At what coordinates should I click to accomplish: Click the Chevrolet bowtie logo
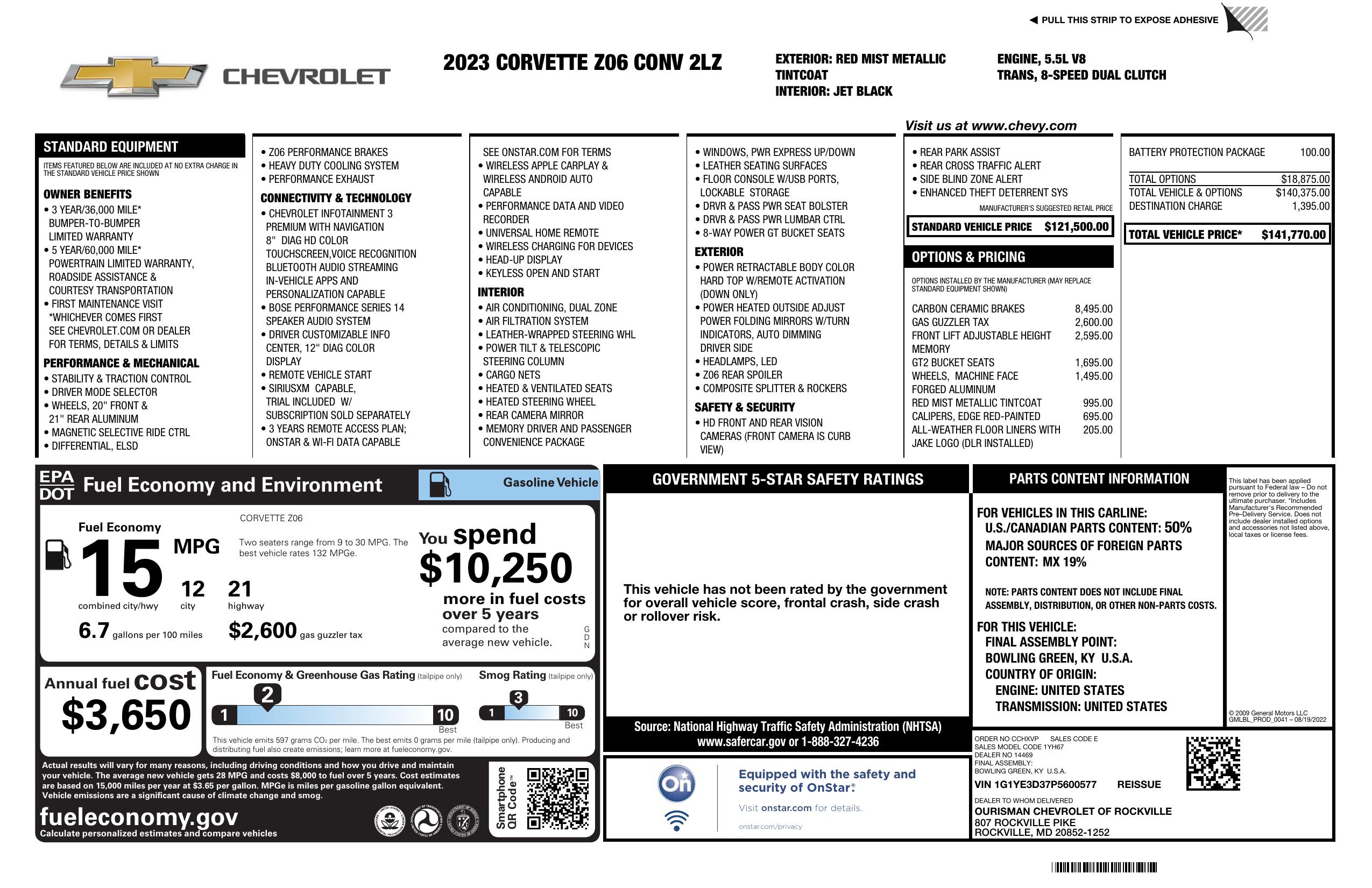134,76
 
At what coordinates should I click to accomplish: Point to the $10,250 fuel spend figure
496,567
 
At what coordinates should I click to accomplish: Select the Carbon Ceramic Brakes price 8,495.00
1093,309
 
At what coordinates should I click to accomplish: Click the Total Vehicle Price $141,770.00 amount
1293,235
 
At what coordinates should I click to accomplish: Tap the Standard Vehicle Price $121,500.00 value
1076,226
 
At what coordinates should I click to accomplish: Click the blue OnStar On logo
676,783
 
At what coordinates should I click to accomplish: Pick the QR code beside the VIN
1213,763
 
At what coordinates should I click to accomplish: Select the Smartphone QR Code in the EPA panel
557,798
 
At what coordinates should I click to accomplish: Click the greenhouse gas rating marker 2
267,695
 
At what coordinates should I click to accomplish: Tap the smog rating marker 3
518,698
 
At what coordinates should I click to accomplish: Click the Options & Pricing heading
968,257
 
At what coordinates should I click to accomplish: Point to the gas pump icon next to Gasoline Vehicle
440,485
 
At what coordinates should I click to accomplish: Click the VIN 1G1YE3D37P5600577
1035,784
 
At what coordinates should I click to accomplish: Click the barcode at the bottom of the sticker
1104,867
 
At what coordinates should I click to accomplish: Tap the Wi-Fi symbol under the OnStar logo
676,821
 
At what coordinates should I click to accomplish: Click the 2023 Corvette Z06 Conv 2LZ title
582,62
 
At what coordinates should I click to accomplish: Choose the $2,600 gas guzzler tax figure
263,630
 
